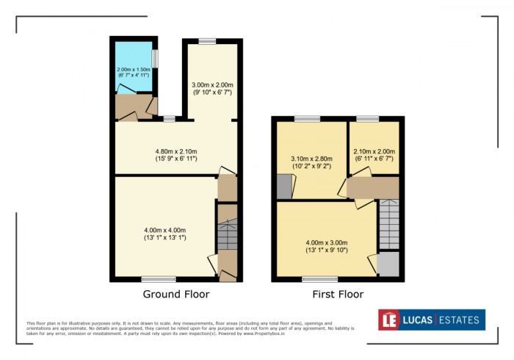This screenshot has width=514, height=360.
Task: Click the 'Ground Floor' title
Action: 175,294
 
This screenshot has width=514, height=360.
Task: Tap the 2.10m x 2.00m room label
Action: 374,154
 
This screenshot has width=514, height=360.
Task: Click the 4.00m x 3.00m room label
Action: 327,247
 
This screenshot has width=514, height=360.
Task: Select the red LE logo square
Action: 389,320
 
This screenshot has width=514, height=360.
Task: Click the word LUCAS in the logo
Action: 418,320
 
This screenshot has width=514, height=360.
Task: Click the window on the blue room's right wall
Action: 154,57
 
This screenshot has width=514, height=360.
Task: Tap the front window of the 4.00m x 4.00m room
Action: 159,279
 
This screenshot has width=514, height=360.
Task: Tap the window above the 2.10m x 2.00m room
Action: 368,118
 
